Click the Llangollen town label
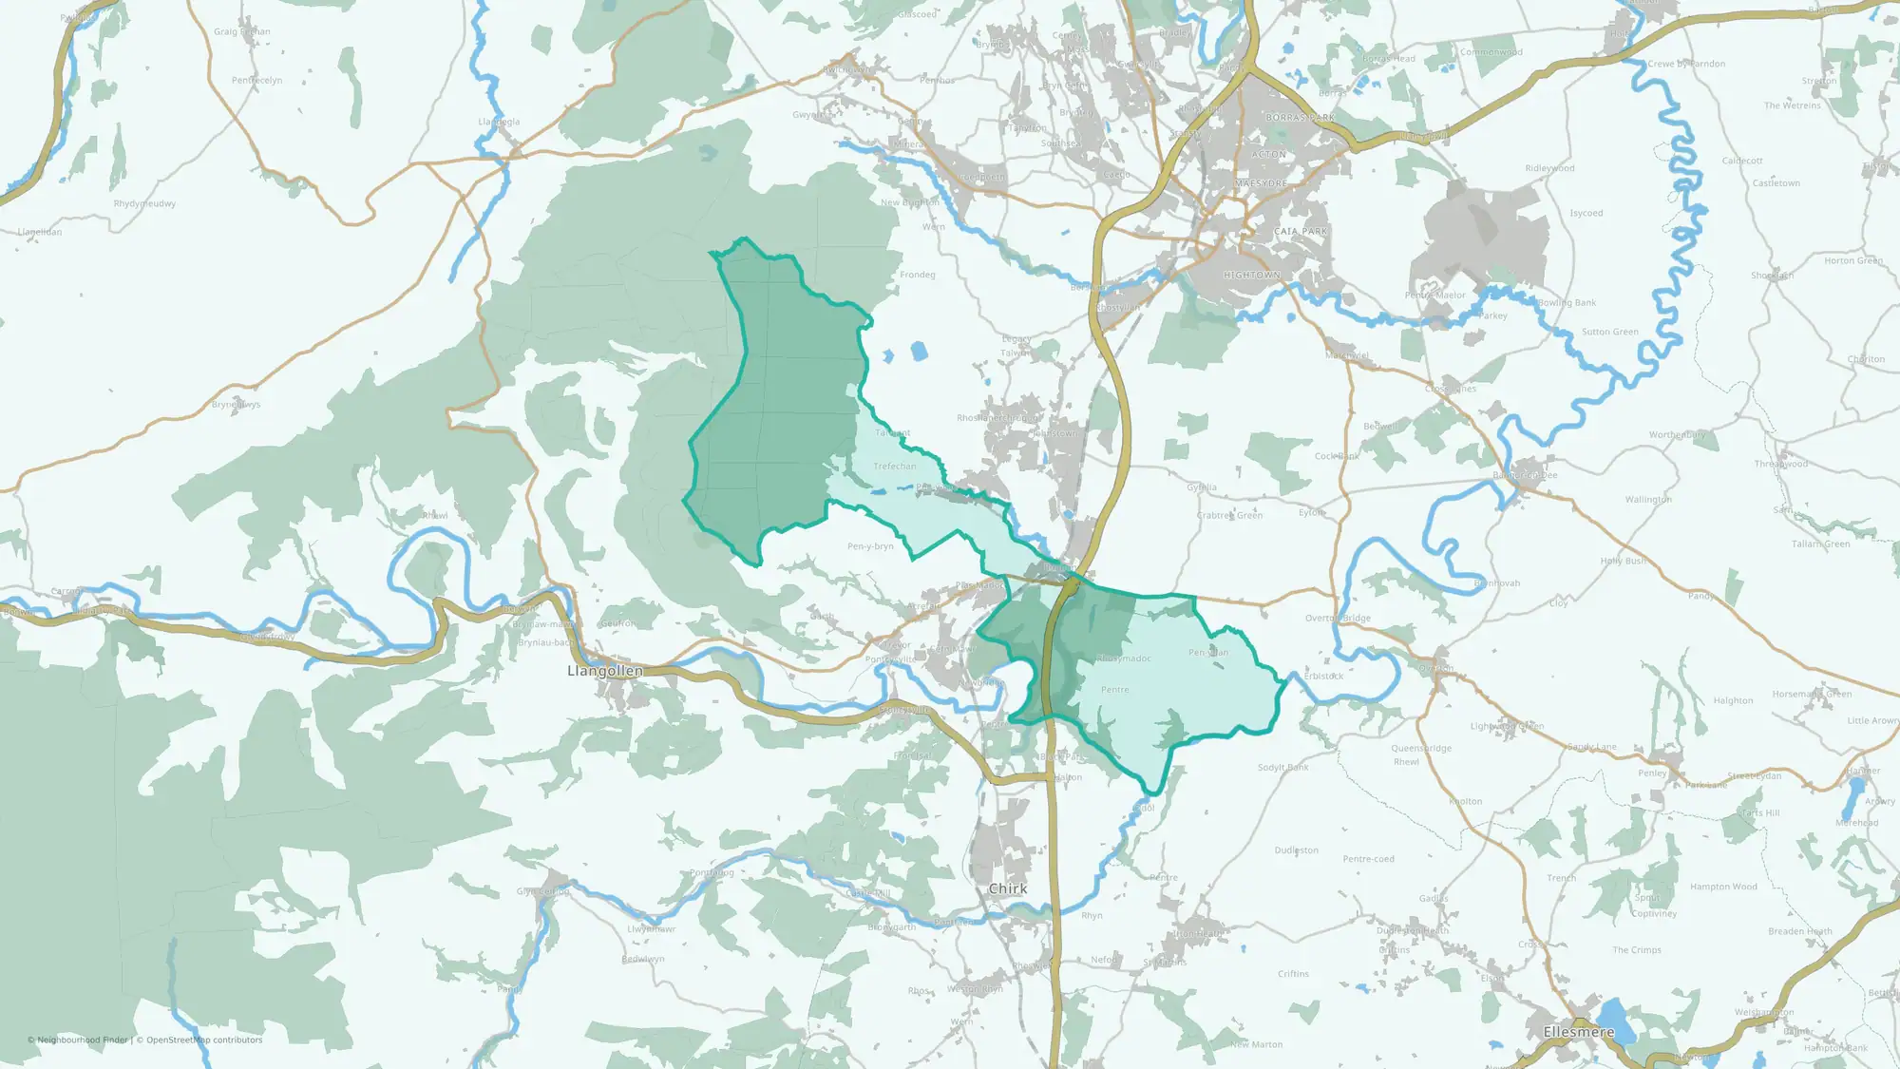(x=605, y=671)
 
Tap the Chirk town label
(x=1007, y=888)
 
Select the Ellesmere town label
(x=1579, y=1032)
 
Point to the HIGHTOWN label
(x=1252, y=276)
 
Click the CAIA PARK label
(x=1301, y=232)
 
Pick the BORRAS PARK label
(x=1301, y=118)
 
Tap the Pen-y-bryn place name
(x=870, y=546)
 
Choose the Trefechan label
(x=895, y=467)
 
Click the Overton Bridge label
(x=1338, y=619)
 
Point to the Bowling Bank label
(x=1567, y=303)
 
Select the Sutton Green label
(x=1609, y=333)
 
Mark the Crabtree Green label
(x=1229, y=516)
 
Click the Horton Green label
(x=1852, y=260)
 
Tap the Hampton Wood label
(x=1723, y=888)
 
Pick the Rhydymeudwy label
(x=144, y=204)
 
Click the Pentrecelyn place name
(x=256, y=81)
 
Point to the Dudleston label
(x=1296, y=850)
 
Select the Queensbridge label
(x=1421, y=749)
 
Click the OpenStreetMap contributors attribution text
(x=203, y=1040)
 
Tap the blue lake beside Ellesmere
(x=1615, y=1015)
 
